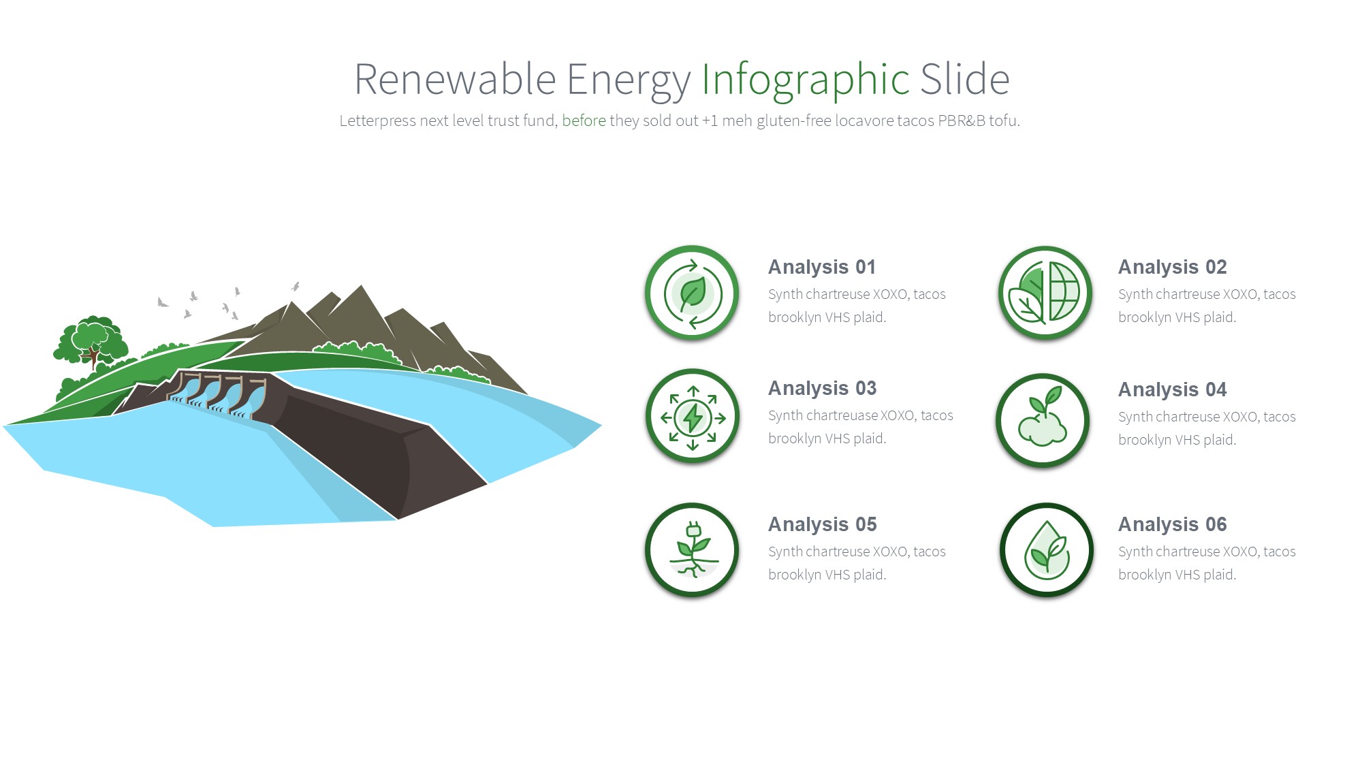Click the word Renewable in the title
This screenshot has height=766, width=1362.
(x=455, y=79)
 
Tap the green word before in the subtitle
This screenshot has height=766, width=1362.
(x=584, y=121)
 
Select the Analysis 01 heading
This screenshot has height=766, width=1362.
(x=822, y=268)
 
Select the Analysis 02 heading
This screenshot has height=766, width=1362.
(x=1172, y=268)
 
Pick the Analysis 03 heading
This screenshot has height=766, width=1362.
(x=822, y=389)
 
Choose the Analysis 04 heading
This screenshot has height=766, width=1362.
(x=1172, y=390)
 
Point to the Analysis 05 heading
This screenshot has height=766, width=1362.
(x=822, y=525)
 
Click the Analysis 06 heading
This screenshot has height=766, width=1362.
(x=1172, y=525)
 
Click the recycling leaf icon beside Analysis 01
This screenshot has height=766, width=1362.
(x=693, y=293)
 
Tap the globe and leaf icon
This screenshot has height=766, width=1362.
(x=1045, y=293)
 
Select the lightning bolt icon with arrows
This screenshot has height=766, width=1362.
(x=693, y=416)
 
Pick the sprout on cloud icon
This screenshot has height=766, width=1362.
(x=1043, y=420)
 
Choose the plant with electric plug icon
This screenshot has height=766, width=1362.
(x=693, y=550)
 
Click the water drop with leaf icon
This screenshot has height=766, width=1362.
(x=1047, y=550)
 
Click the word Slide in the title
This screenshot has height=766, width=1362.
(x=965, y=79)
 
